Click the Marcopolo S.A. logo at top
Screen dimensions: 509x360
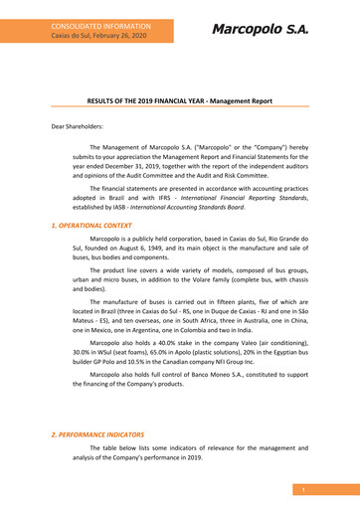point(259,29)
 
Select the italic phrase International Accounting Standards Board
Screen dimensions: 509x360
point(187,208)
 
